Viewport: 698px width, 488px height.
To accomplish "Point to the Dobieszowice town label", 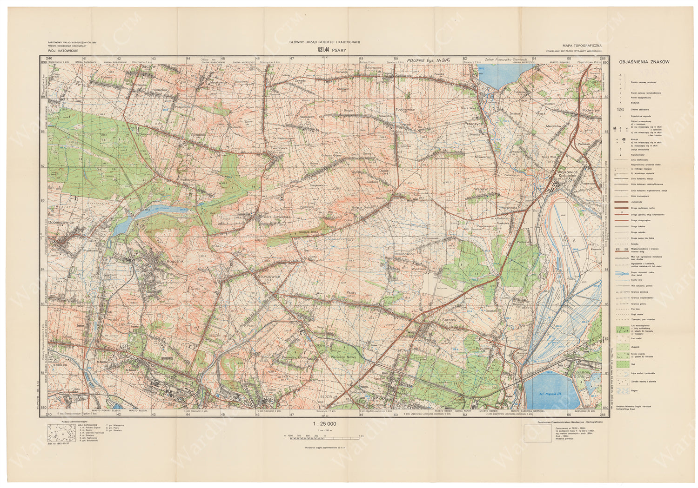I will [x=61, y=223].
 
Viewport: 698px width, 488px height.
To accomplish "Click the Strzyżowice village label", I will [x=269, y=277].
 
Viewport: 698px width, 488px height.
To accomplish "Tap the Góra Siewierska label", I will [x=277, y=217].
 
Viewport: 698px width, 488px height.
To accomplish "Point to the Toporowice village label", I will [x=405, y=110].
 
